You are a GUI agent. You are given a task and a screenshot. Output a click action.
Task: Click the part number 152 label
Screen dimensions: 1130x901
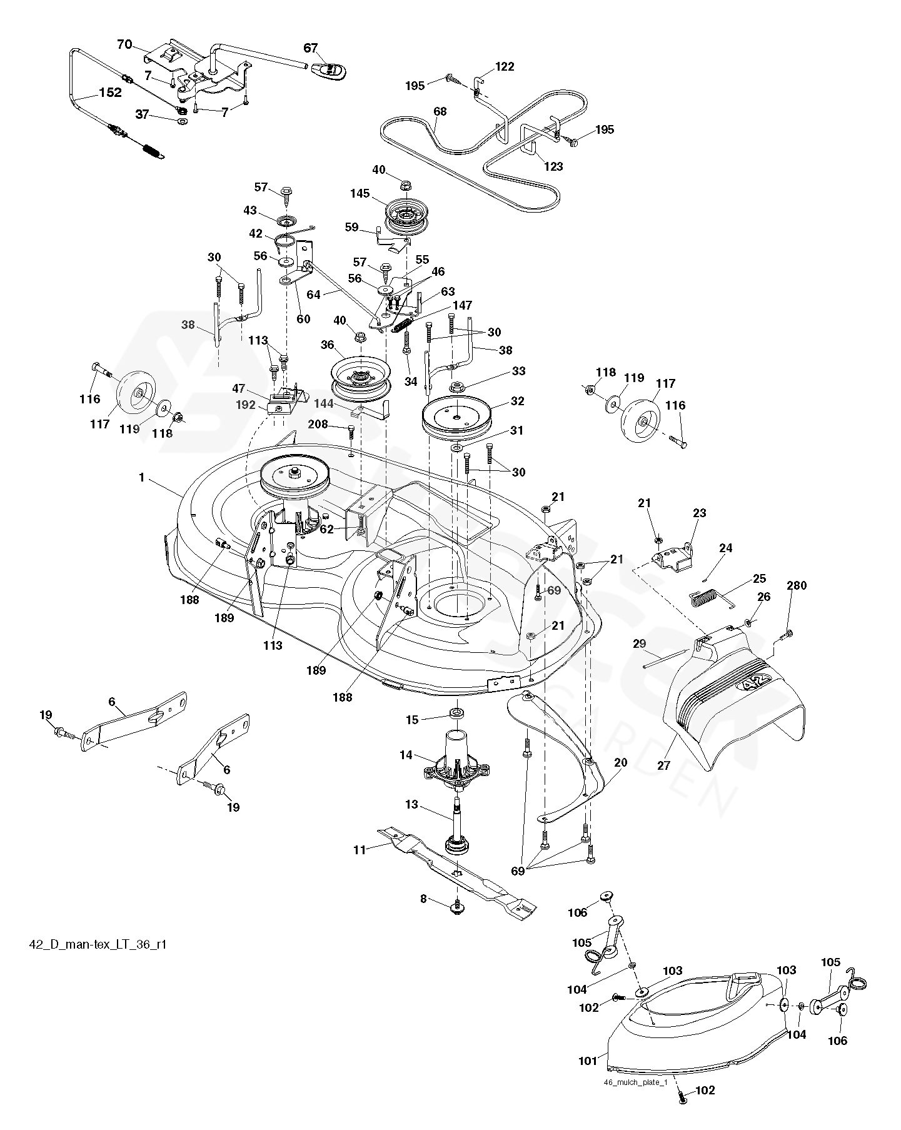(109, 93)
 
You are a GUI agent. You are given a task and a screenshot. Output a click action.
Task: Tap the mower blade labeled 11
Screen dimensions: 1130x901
(456, 869)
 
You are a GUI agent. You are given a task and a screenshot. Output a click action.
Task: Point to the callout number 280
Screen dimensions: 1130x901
(797, 586)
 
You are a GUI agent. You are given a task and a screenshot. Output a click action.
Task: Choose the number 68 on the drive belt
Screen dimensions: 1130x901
(440, 112)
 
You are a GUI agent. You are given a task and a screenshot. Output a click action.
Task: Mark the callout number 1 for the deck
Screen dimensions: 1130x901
(142, 478)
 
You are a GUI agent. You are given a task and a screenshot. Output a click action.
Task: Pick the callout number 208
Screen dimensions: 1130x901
(318, 425)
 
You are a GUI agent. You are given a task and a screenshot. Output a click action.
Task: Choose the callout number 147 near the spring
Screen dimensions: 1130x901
(463, 306)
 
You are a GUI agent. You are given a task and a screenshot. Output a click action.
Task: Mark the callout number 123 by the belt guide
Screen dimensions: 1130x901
(553, 166)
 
